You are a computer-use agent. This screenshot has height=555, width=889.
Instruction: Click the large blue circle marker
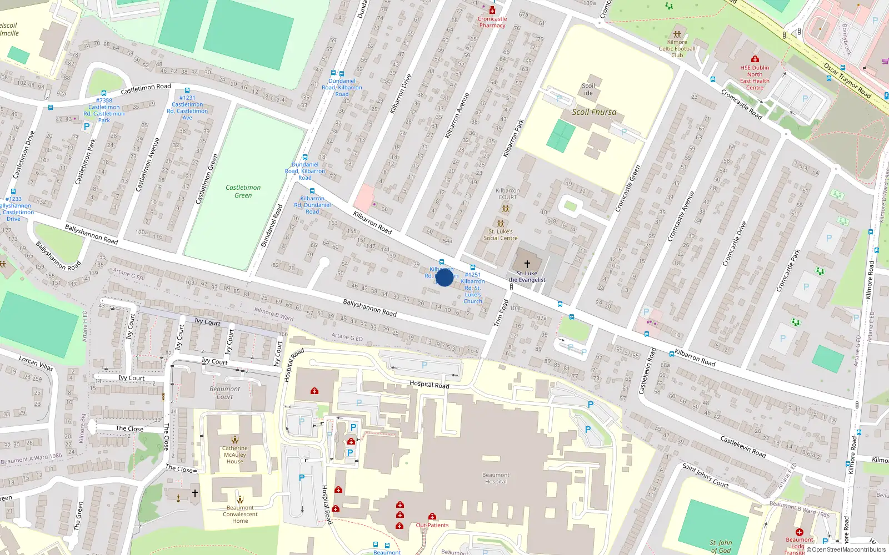[444, 277]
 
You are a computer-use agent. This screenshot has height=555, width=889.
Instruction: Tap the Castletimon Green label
[243, 191]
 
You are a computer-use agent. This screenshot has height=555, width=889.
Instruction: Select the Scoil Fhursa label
[594, 112]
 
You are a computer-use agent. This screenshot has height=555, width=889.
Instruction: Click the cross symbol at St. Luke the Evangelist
[527, 264]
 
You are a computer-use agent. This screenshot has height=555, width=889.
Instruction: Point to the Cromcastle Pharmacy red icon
[492, 11]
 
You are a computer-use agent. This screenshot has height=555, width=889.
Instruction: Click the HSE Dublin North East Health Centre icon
[755, 59]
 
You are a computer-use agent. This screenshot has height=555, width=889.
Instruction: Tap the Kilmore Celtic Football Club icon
[677, 34]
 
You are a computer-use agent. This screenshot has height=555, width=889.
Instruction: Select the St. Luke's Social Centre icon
[500, 224]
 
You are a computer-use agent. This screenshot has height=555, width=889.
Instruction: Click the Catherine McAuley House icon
[235, 440]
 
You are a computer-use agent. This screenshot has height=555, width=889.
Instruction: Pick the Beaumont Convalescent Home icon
[239, 499]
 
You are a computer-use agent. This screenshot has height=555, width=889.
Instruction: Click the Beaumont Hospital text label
[496, 478]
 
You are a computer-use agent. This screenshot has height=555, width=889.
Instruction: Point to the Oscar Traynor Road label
[847, 80]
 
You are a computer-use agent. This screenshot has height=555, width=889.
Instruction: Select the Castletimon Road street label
[146, 88]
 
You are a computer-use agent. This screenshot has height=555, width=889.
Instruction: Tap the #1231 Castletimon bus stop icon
[187, 90]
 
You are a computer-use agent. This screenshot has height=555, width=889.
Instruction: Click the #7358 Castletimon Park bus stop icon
[104, 93]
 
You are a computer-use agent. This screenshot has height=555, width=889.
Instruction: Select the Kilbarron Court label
[507, 194]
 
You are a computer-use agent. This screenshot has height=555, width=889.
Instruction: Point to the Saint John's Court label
[705, 476]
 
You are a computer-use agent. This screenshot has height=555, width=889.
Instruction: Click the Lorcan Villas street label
[36, 364]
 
